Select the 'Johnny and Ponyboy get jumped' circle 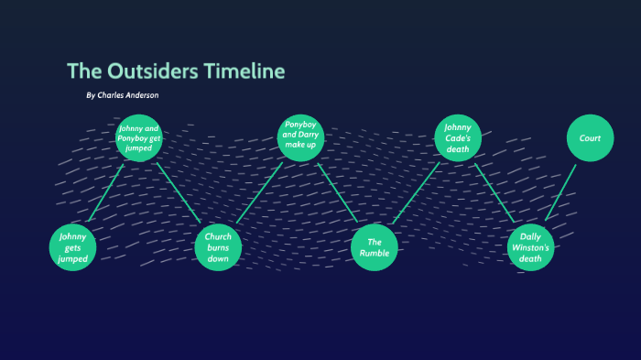coord(139,138)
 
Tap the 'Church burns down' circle coord(218,247)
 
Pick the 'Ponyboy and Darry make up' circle coord(300,138)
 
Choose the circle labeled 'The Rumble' coord(375,247)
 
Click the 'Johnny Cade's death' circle coord(458,138)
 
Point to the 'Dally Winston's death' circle coord(531,247)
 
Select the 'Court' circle coord(590,138)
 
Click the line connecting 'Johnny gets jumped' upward coord(106,193)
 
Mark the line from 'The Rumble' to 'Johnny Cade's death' coord(417,193)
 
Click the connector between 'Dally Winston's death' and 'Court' coord(560,193)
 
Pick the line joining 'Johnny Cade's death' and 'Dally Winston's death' coord(494,193)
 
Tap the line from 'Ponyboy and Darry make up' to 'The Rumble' coord(338,193)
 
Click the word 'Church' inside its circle coord(218,236)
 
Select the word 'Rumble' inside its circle coord(375,253)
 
